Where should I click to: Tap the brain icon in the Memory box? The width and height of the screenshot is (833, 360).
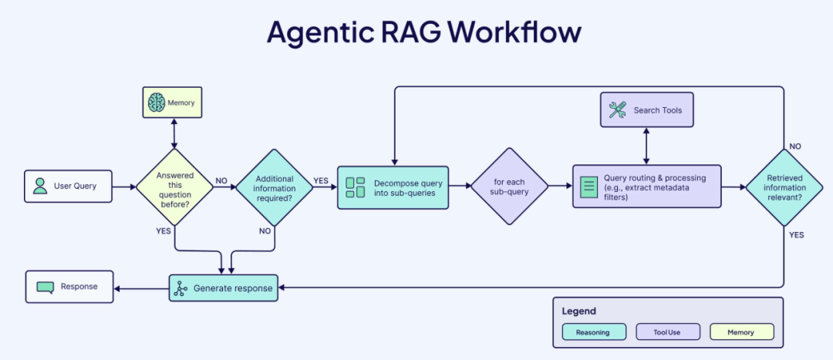tap(157, 102)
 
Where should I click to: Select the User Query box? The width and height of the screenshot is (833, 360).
tap(68, 186)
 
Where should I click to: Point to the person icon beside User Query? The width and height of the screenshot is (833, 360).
tap(39, 186)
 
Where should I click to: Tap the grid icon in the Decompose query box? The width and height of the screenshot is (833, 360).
tap(356, 187)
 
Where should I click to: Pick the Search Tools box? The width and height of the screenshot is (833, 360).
tap(646, 110)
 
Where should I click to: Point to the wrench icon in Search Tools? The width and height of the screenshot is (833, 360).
tap(617, 110)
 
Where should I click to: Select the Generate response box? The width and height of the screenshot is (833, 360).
tap(224, 288)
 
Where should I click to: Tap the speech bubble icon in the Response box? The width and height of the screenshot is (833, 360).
tap(46, 287)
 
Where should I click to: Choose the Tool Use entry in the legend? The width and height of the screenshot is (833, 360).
tap(668, 332)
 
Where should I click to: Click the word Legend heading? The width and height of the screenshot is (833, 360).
tap(578, 311)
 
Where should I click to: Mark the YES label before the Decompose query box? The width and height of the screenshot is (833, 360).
tap(322, 180)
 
